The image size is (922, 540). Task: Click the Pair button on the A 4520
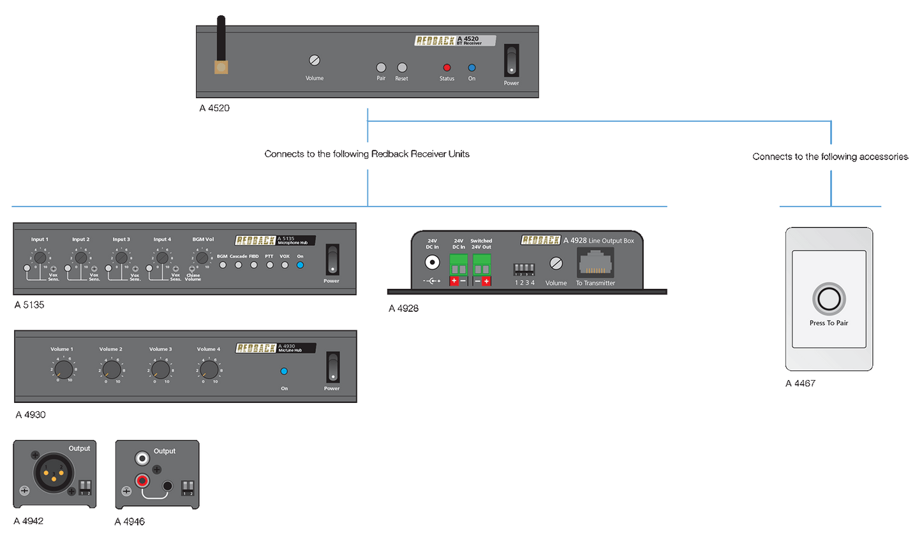pos(381,68)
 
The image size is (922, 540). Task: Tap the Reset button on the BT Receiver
pos(402,68)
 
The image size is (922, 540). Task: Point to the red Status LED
pos(447,68)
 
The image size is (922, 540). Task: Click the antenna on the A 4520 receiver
pos(221,45)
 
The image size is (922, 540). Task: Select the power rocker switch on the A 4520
pos(511,61)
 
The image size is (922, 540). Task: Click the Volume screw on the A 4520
pos(314,61)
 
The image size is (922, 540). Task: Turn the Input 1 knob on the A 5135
pos(40,258)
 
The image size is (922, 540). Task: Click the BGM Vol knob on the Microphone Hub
pos(202,258)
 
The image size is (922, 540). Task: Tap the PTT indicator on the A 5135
pos(269,265)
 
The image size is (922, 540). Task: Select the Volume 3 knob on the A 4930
pos(161,369)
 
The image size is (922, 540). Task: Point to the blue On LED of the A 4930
pos(284,371)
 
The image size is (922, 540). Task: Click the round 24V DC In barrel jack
pos(432,262)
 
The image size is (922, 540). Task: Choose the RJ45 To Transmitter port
pos(595,262)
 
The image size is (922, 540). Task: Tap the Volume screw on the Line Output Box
pos(556,263)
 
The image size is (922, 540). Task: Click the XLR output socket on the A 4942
pos(54,473)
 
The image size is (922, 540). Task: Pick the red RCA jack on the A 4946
pos(142,481)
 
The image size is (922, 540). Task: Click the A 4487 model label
pos(800,384)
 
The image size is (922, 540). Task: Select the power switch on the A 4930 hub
pos(332,368)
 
